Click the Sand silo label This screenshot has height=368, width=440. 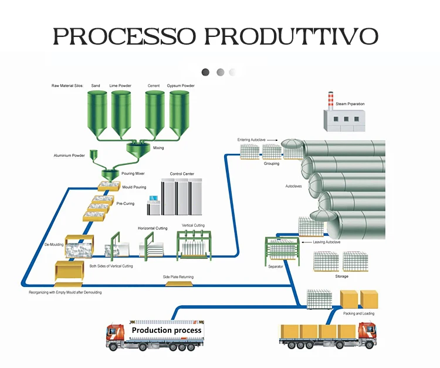click(x=96, y=86)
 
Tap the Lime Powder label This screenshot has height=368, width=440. click(x=120, y=86)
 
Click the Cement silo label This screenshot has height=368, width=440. click(x=154, y=86)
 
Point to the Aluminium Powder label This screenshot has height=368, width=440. click(x=70, y=156)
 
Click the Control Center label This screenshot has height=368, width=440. click(x=182, y=174)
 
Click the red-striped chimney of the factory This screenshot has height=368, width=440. click(x=331, y=100)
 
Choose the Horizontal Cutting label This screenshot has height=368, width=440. click(x=153, y=228)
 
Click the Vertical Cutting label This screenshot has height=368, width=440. click(x=193, y=225)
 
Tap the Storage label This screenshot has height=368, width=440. click(x=341, y=276)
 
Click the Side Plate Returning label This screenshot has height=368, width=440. click(x=178, y=276)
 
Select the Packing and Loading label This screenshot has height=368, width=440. click(x=358, y=313)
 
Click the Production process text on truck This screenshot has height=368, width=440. click(x=166, y=330)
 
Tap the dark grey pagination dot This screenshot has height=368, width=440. click(x=205, y=72)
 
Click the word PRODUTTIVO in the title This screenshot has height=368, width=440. click(x=292, y=35)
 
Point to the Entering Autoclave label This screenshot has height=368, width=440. click(x=252, y=140)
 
